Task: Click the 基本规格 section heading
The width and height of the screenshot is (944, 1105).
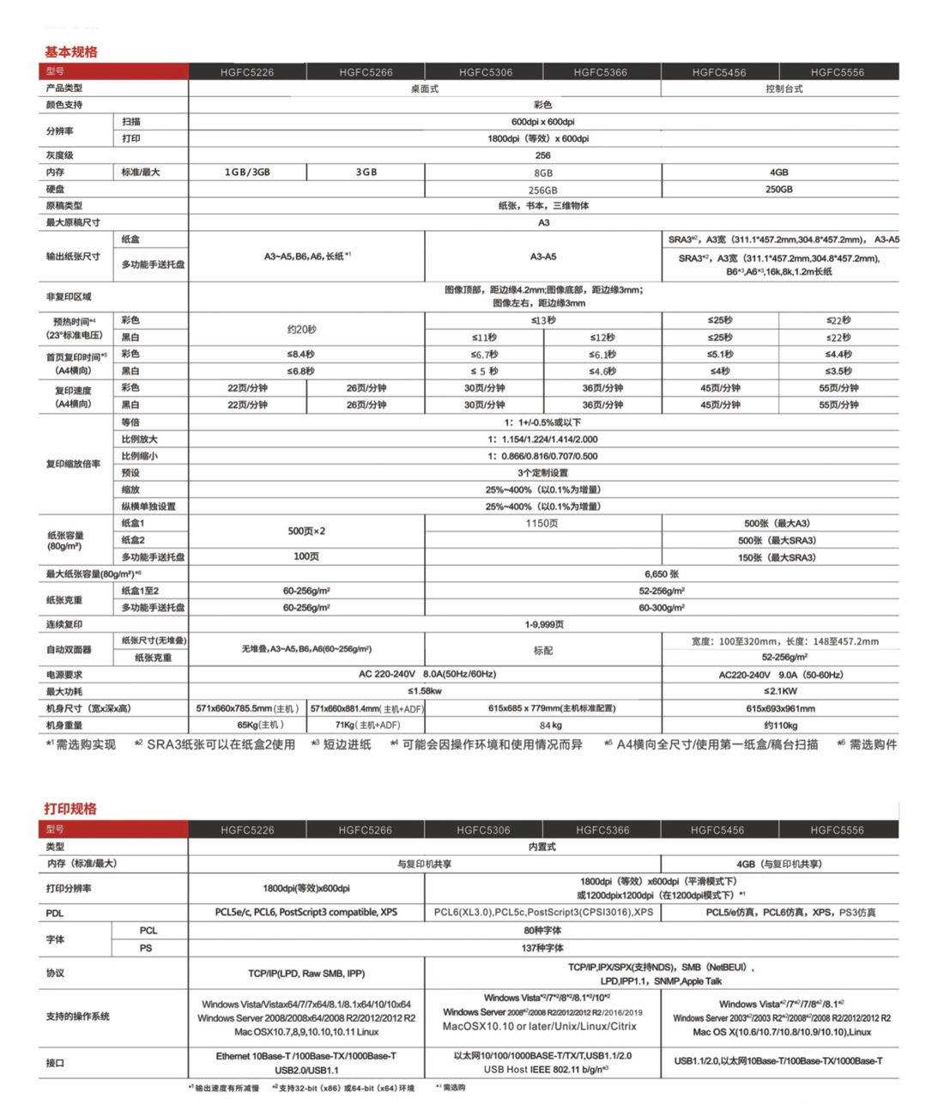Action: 71,52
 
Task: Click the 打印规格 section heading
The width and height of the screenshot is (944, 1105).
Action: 70,809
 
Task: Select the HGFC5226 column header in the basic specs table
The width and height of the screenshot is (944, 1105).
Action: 247,72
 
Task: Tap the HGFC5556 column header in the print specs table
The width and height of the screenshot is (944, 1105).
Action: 837,830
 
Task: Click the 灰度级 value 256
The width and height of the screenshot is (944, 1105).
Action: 543,155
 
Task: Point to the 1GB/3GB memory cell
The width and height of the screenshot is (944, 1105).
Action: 247,173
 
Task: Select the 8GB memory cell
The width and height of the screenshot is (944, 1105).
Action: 543,173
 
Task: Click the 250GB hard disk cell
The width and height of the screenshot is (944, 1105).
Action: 779,189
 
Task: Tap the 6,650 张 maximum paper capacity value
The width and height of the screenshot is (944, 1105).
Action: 662,574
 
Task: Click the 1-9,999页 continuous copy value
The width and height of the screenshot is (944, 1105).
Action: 544,624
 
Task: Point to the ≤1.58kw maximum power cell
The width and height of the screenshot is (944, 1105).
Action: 425,691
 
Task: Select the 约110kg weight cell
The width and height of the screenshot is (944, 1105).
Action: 780,726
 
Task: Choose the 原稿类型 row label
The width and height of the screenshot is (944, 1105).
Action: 64,206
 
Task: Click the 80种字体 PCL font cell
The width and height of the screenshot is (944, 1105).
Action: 542,931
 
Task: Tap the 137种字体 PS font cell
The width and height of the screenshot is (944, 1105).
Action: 542,948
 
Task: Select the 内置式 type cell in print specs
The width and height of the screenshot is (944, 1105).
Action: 542,847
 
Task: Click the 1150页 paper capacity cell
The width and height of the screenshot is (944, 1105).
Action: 542,524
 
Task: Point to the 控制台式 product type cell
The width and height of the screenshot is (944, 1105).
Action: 784,88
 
